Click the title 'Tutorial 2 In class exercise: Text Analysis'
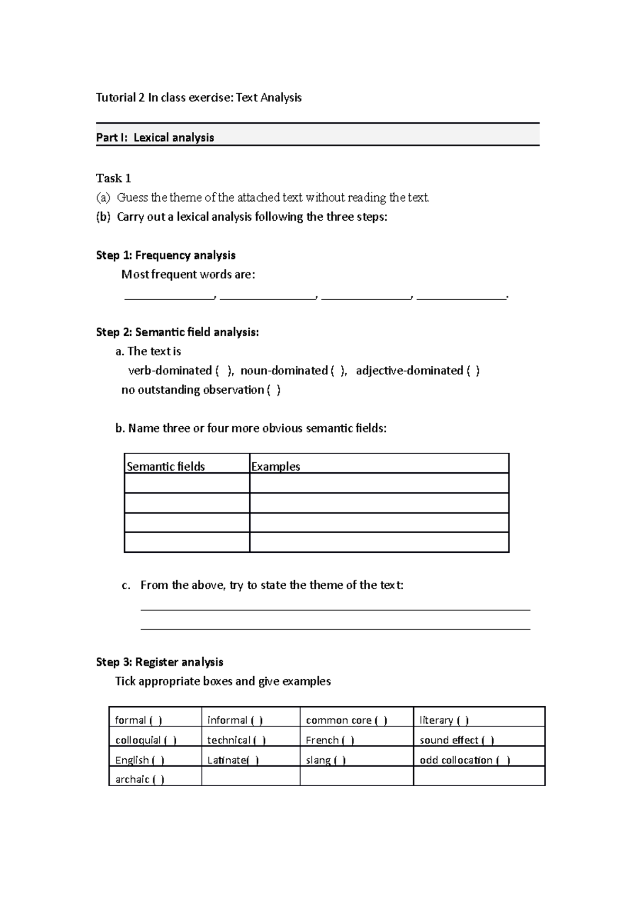click(x=198, y=97)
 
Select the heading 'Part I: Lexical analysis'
click(x=155, y=138)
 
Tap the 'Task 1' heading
click(x=113, y=178)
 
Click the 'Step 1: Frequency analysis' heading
click(x=166, y=255)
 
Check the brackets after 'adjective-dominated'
click(x=473, y=371)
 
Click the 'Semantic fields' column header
click(x=166, y=466)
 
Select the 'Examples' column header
click(x=275, y=466)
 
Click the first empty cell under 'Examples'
click(x=379, y=483)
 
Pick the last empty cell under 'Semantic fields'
click(x=187, y=542)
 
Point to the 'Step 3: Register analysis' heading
click(x=159, y=662)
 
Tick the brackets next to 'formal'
click(x=156, y=721)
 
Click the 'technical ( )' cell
click(x=237, y=740)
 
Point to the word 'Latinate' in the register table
click(x=226, y=760)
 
